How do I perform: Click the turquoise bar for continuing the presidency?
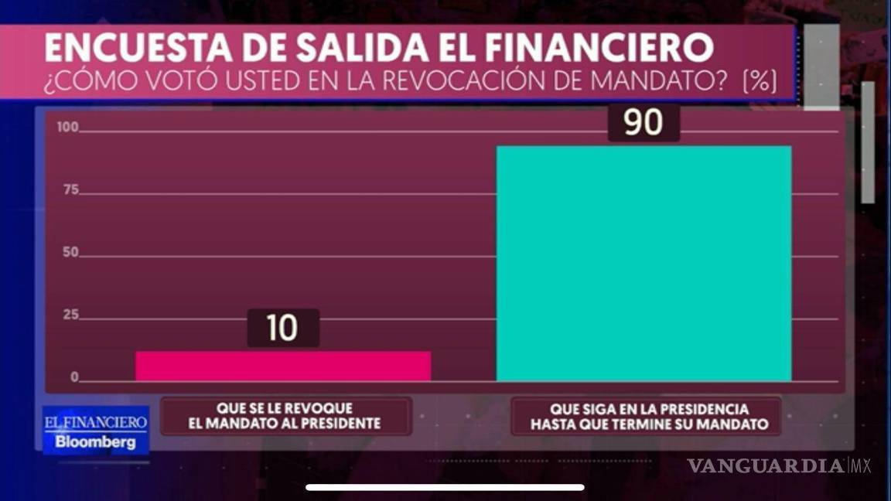(643, 263)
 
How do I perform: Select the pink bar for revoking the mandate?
(282, 366)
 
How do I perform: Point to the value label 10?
(282, 328)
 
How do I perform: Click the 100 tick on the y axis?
(68, 128)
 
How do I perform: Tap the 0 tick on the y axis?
(74, 378)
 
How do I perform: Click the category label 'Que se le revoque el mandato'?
(285, 416)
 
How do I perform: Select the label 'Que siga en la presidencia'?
(646, 416)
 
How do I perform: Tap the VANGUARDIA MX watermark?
(778, 465)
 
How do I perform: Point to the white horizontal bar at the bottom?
(445, 487)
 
